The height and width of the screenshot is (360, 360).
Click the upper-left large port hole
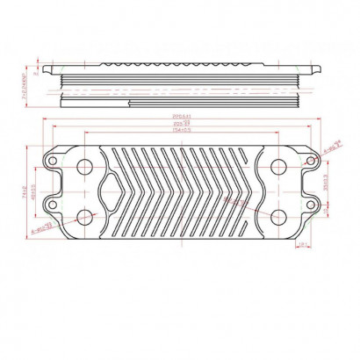click(84, 166)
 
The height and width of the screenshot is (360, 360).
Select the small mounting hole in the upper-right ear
click(311, 161)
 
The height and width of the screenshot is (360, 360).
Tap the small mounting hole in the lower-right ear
click(311, 205)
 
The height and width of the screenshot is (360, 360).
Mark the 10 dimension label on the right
click(326, 210)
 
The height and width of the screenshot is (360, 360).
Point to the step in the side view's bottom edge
click(129, 103)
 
